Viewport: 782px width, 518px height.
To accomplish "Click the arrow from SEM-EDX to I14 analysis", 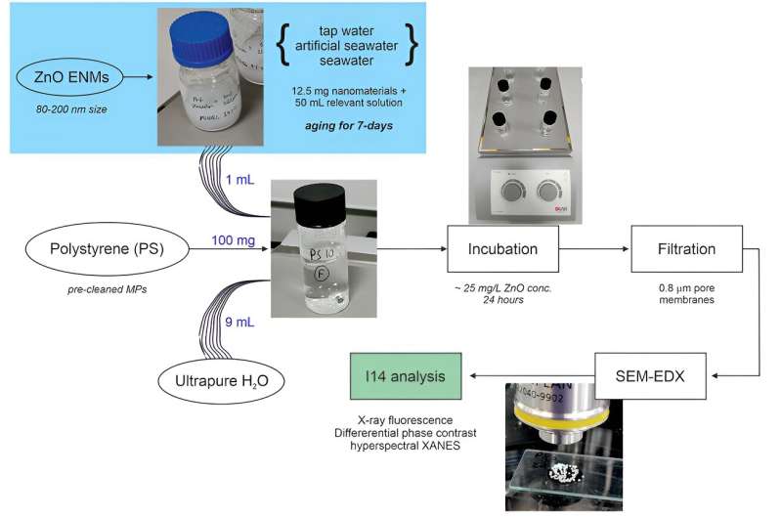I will coord(534,376).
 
